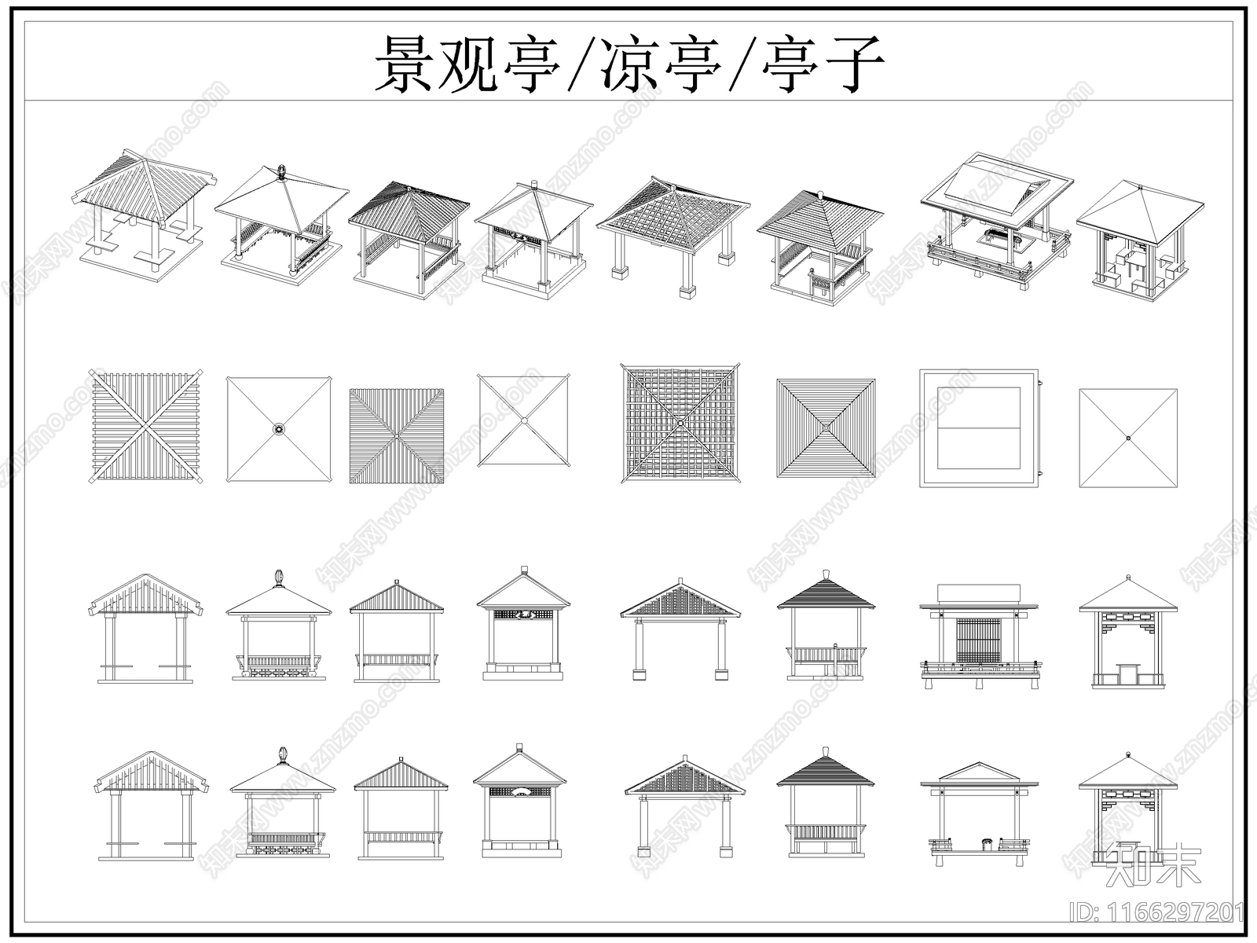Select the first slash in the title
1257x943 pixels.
577,64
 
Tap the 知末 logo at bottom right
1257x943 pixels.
1153,865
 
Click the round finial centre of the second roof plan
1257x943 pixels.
279,429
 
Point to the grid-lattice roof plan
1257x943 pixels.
680,423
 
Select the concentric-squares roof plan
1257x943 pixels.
826,428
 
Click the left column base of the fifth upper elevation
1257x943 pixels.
637,673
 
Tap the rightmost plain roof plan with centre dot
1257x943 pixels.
1128,438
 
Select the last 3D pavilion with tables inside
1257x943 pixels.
1139,240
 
